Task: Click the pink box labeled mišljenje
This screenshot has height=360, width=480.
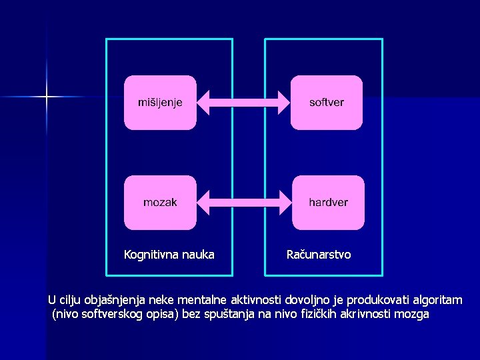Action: (x=160, y=102)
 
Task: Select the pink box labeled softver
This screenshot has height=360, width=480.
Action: (x=327, y=102)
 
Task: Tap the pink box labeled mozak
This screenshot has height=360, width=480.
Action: (x=160, y=202)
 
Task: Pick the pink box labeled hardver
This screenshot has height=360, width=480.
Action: (x=328, y=202)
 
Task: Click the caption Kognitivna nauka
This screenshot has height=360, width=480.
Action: (x=169, y=255)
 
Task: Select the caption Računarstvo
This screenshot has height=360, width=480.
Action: (x=319, y=255)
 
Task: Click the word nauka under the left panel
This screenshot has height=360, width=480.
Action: (x=199, y=255)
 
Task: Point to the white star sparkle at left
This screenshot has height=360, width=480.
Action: (x=47, y=97)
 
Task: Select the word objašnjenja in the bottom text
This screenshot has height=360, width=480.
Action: (x=117, y=300)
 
